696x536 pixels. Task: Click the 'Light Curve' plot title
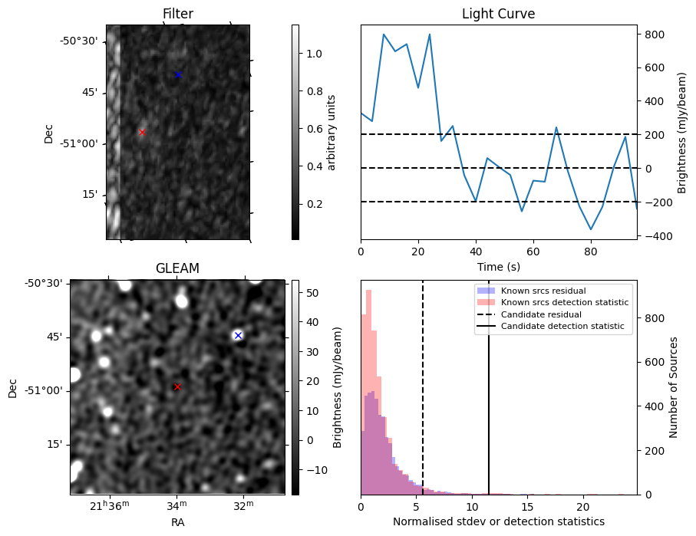(x=498, y=14)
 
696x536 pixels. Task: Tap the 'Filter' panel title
(x=177, y=14)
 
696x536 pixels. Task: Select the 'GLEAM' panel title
(x=177, y=268)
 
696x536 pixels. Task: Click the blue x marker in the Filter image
(x=178, y=74)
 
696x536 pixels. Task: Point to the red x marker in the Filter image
(x=142, y=132)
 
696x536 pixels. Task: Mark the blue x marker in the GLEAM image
(x=238, y=335)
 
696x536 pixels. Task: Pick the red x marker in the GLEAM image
(x=177, y=386)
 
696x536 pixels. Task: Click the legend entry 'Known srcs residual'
(x=543, y=291)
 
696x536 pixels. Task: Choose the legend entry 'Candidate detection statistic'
(x=562, y=327)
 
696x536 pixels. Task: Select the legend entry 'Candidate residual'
(x=541, y=315)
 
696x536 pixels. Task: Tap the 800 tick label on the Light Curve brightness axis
(x=654, y=35)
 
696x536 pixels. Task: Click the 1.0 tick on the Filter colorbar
(x=315, y=54)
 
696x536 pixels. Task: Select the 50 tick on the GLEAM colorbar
(x=312, y=293)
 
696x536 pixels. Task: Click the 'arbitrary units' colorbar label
(x=332, y=132)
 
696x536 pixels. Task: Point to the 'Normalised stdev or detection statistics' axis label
(x=498, y=522)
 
